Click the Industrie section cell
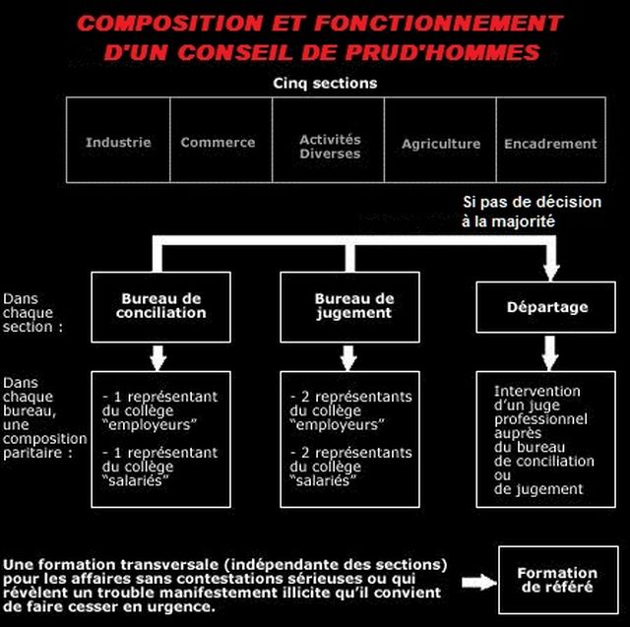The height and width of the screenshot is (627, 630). point(118,143)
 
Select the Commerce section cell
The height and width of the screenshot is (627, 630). point(218,143)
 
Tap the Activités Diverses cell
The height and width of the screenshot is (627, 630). point(330,147)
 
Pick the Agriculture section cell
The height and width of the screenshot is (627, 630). point(441,144)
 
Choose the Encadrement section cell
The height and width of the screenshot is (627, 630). point(550,144)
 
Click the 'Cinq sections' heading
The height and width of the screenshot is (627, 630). point(325,84)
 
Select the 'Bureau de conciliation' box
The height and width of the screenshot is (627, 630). point(161,306)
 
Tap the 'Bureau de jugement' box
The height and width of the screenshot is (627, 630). point(353,306)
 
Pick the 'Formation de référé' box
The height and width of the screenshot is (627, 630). point(557,580)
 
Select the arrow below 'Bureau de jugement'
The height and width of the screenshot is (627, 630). point(350,353)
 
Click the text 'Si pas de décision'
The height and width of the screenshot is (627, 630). point(532,202)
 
